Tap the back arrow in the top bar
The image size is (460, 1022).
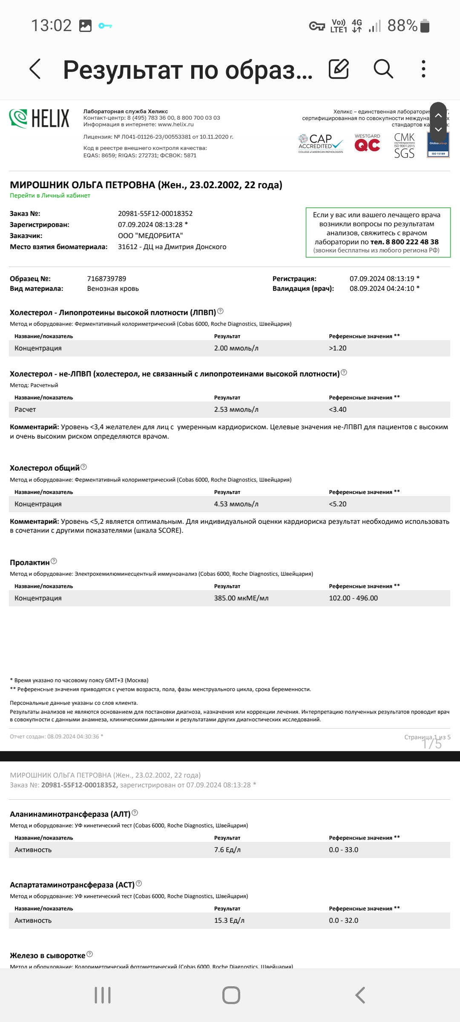pos(35,69)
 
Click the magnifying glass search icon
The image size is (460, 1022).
pos(383,69)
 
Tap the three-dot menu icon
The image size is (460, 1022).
pos(423,69)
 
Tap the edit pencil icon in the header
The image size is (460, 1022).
pos(339,69)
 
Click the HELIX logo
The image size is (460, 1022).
pos(39,118)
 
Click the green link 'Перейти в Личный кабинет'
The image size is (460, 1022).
pos(50,195)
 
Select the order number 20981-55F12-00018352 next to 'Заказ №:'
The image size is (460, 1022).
pos(155,213)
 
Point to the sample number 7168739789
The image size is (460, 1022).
pos(106,278)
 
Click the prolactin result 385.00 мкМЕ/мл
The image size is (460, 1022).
pos(241,598)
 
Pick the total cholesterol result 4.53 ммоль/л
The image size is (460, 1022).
pos(236,504)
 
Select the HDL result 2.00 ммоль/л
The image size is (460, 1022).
pos(236,348)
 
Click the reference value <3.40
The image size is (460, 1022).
pos(337,409)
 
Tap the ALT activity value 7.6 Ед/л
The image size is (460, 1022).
pos(227,850)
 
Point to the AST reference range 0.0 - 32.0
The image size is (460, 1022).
pos(343,920)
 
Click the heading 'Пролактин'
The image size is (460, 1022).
pos(29,563)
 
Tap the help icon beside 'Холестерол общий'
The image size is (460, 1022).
pos(83,467)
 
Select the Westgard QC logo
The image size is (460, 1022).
pos(367,144)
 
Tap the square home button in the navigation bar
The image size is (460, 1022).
pos(231,995)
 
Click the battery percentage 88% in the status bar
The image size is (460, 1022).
pos(402,26)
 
